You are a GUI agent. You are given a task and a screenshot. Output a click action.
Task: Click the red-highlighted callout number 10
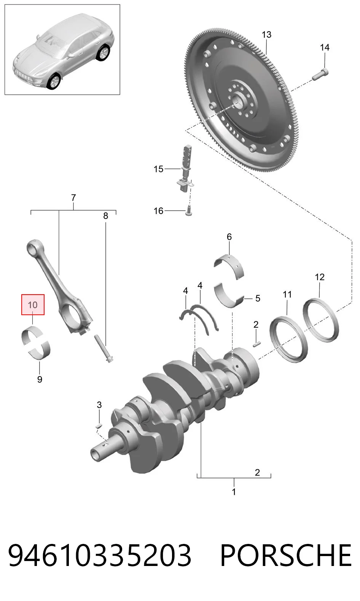[x=33, y=305]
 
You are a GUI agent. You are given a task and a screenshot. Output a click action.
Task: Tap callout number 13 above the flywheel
[x=266, y=35]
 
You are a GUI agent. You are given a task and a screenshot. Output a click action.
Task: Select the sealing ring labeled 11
[x=288, y=339]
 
